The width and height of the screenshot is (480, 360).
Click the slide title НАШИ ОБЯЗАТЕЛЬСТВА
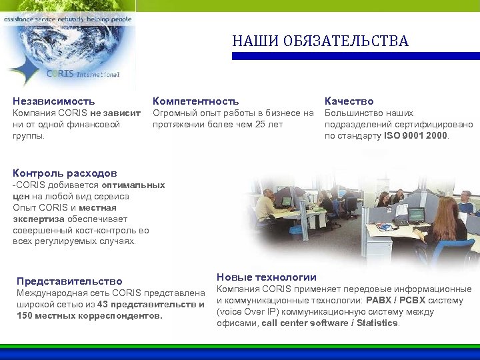click(x=320, y=41)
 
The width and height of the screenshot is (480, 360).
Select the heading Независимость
click(x=54, y=101)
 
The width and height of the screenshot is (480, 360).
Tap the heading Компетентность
click(x=195, y=101)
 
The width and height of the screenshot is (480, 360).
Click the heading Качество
click(x=349, y=101)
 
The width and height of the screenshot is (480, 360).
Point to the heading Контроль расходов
click(x=65, y=172)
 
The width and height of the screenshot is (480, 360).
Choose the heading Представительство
click(x=69, y=281)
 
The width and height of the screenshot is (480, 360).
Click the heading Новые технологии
click(x=267, y=277)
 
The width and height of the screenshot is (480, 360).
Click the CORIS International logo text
click(x=83, y=74)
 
